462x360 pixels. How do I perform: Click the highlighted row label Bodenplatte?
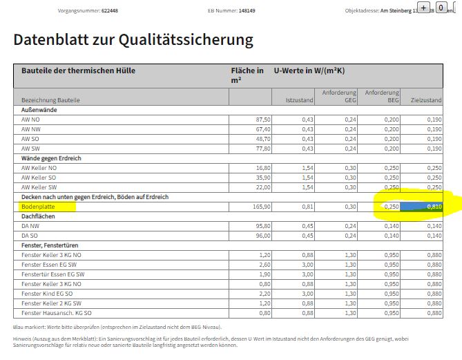click(38, 207)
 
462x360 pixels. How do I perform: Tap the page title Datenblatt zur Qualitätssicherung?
click(133, 40)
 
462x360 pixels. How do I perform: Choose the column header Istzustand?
click(300, 100)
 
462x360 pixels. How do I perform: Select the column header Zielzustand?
click(426, 100)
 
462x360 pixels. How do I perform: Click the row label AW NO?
click(31, 120)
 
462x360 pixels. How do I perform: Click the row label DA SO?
click(30, 236)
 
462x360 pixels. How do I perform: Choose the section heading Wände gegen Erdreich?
click(52, 158)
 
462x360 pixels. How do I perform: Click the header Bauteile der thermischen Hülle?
click(79, 71)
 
